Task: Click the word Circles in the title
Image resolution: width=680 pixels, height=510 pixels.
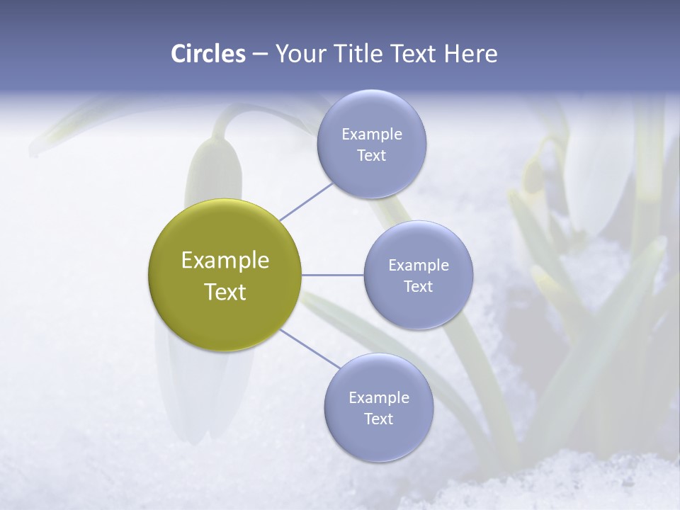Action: click(208, 54)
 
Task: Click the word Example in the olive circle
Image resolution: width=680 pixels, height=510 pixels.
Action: click(225, 261)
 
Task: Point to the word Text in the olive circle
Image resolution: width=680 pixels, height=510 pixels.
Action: click(225, 292)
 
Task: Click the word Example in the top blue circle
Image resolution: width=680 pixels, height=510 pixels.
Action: click(372, 135)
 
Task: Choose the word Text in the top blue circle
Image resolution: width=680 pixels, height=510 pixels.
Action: click(372, 156)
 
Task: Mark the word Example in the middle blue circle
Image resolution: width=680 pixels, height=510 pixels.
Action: click(419, 266)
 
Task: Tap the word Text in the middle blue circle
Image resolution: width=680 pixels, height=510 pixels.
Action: click(419, 287)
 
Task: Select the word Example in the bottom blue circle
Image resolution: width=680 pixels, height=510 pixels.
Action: click(379, 398)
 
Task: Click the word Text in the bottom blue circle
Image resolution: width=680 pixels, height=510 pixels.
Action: click(379, 419)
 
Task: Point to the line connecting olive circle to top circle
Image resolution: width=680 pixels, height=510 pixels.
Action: click(306, 201)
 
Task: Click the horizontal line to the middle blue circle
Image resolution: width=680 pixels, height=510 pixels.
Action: click(332, 275)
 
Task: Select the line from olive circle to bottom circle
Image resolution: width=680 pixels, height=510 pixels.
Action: click(310, 348)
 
